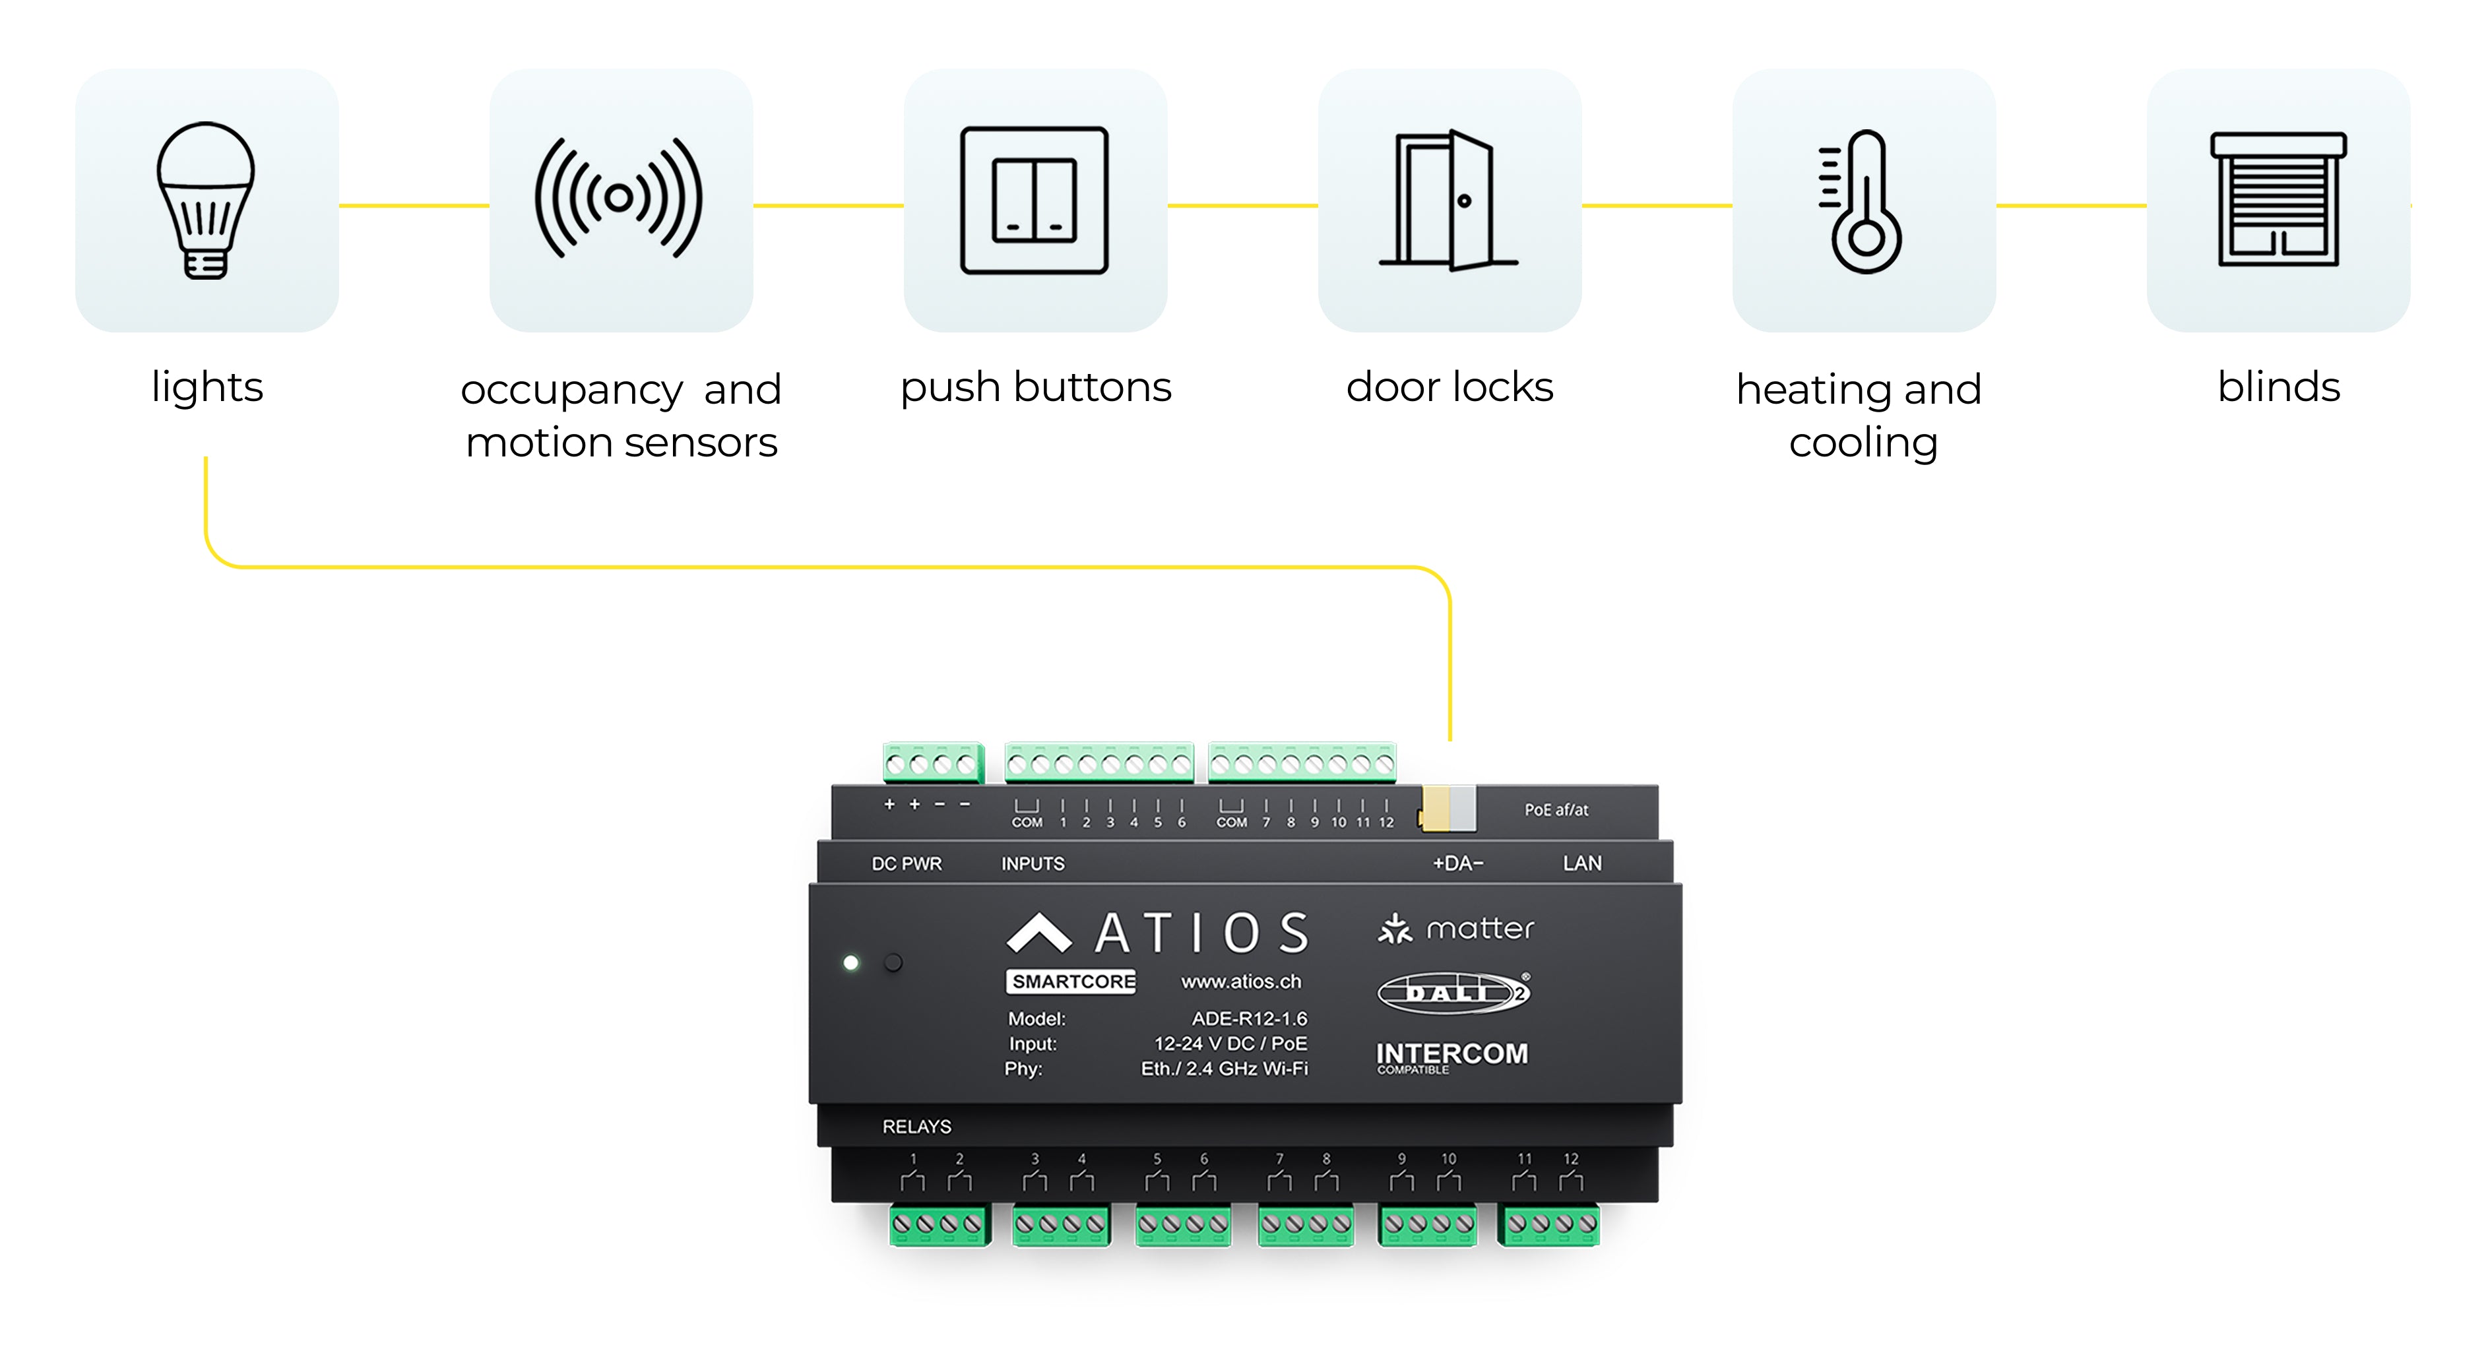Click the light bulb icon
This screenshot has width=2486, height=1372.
[x=206, y=201]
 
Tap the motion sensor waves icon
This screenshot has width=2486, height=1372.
[x=620, y=199]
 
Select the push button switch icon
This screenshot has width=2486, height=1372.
[x=1035, y=201]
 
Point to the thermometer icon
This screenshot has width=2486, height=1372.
[x=1863, y=203]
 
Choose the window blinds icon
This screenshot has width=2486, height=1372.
[x=2279, y=200]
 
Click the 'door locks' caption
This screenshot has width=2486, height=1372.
[x=1450, y=387]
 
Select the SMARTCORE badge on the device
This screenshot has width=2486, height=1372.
[x=1072, y=982]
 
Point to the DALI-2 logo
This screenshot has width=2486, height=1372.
[x=1452, y=992]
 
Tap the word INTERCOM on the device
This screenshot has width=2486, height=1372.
[x=1451, y=1053]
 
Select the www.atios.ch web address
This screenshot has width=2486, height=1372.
[x=1241, y=982]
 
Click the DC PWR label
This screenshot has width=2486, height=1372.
[x=907, y=863]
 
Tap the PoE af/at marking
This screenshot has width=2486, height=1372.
[x=1556, y=809]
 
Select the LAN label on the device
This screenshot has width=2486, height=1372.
[x=1581, y=863]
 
